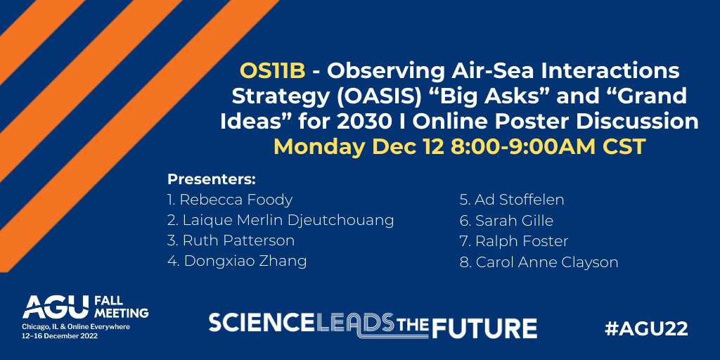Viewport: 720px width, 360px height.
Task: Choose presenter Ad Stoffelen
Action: (512, 200)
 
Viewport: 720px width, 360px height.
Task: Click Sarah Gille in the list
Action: (506, 221)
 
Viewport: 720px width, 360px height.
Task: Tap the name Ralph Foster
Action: (513, 241)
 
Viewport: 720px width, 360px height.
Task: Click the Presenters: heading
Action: (211, 179)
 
